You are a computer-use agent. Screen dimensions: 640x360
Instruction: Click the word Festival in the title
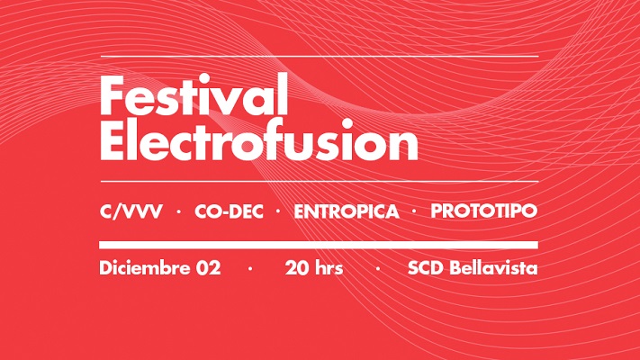click(x=194, y=94)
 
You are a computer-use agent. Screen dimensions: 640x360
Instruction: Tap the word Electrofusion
click(x=258, y=140)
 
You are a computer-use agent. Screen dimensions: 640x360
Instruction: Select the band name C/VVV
click(x=131, y=211)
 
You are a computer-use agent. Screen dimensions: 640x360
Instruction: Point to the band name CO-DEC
click(x=229, y=211)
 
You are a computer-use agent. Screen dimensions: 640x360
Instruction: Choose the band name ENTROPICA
click(x=347, y=211)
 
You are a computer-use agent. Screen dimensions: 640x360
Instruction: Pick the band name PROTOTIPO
click(x=484, y=211)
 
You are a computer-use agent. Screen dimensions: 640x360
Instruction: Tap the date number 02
click(x=209, y=268)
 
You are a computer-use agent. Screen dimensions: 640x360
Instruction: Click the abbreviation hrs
click(x=329, y=268)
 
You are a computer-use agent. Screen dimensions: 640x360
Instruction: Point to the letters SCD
click(x=425, y=268)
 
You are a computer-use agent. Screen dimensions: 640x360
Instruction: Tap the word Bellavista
click(x=493, y=268)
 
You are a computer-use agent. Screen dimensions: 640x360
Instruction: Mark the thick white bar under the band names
click(x=319, y=245)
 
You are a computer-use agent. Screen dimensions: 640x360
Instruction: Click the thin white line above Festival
click(x=320, y=56)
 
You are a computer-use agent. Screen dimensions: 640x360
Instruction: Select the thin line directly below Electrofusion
click(x=320, y=181)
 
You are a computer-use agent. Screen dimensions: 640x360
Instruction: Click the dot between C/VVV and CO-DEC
click(x=178, y=211)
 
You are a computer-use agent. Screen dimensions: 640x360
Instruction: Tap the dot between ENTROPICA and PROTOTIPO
click(x=415, y=211)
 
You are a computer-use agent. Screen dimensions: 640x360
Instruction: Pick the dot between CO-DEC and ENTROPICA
click(x=279, y=211)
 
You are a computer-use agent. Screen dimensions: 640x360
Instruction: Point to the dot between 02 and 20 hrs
click(x=250, y=269)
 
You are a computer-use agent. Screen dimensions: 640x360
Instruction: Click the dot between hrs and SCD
click(x=377, y=269)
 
